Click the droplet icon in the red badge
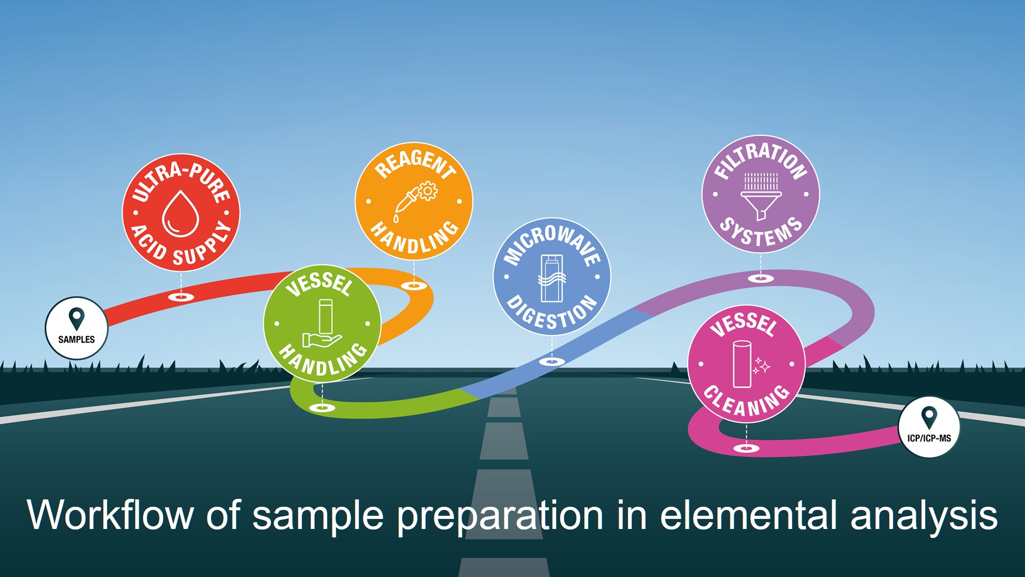click(x=181, y=213)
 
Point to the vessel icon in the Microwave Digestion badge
click(x=552, y=278)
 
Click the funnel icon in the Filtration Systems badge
click(x=761, y=196)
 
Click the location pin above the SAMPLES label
click(x=77, y=318)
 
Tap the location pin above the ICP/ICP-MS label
click(x=929, y=418)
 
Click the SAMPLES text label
click(x=77, y=339)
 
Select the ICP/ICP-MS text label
click(x=929, y=438)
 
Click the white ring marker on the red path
click(x=181, y=297)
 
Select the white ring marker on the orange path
click(x=414, y=286)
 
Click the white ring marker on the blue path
click(x=552, y=362)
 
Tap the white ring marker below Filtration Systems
click(x=761, y=278)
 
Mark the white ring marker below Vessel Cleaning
click(x=746, y=449)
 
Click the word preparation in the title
click(x=500, y=515)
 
